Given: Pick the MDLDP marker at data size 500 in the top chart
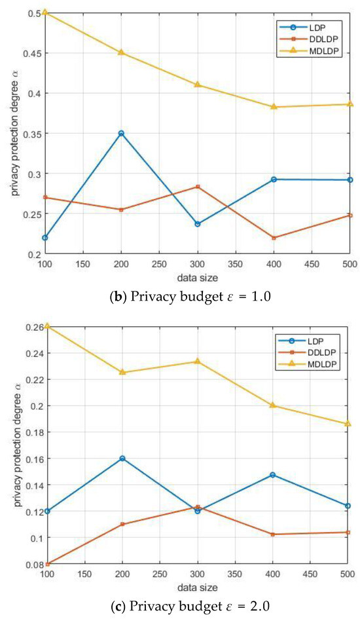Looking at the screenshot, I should click(350, 104).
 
